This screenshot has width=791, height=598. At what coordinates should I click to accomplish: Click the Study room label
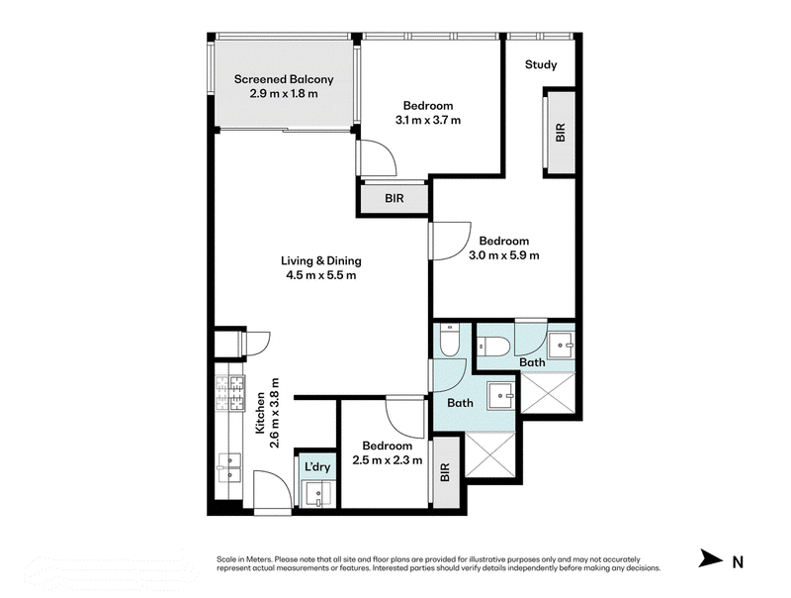click(541, 64)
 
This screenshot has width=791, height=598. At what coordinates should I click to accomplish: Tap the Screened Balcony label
click(284, 79)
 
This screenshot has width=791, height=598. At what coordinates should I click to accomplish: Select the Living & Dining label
click(321, 260)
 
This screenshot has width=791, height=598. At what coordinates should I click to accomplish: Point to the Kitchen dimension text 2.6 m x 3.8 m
click(275, 413)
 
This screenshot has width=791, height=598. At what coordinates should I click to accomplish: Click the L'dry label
click(317, 466)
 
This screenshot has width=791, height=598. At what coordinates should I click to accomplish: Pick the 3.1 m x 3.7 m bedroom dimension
click(428, 120)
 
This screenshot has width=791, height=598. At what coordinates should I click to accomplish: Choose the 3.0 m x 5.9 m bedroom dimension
click(504, 255)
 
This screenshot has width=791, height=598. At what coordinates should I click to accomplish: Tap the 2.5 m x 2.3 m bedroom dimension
click(388, 460)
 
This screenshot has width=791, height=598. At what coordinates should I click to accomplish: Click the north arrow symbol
click(711, 558)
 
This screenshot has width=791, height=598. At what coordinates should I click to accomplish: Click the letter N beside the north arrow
click(738, 561)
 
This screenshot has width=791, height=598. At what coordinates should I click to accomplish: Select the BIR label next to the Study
click(560, 133)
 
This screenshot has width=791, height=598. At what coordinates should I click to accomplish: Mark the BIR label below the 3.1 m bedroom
click(394, 198)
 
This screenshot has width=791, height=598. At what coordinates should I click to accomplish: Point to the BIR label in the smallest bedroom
click(445, 472)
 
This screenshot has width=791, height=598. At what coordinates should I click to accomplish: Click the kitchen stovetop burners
click(230, 392)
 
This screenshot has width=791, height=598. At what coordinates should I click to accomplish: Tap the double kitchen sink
click(229, 468)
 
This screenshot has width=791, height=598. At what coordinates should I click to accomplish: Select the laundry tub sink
click(316, 493)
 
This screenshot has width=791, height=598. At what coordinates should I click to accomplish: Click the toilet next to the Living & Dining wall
click(449, 340)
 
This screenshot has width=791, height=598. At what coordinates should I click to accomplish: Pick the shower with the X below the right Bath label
click(548, 393)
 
